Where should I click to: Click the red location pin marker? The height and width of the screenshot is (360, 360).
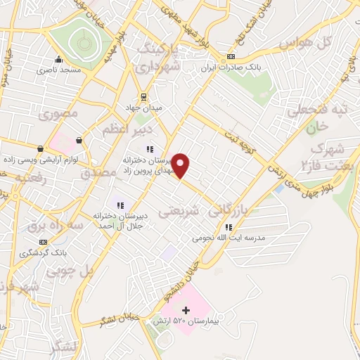point(181,165)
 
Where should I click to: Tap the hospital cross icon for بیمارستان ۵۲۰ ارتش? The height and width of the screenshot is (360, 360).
point(186,309)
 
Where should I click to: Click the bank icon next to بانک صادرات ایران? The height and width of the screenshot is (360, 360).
point(231,57)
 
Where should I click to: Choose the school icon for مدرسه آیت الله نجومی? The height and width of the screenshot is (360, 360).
point(229,226)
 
